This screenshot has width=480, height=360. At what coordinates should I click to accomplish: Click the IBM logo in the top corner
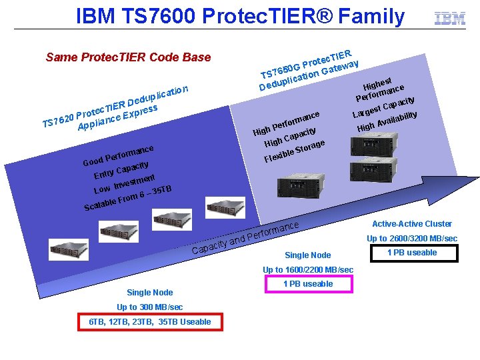[450, 19]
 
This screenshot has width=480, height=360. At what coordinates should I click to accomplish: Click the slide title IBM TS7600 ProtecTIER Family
[240, 16]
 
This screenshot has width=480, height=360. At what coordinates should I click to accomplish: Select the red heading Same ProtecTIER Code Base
[128, 57]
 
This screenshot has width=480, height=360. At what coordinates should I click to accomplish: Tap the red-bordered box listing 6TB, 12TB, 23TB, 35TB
[150, 322]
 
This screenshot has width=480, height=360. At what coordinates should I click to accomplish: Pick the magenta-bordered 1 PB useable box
[308, 284]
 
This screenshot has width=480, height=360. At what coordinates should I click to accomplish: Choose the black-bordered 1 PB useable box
[412, 253]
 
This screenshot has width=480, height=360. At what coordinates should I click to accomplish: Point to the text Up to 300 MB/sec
[150, 307]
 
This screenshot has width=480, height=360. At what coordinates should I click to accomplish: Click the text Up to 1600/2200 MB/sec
[308, 270]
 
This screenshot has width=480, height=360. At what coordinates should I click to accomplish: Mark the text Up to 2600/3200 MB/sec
[412, 239]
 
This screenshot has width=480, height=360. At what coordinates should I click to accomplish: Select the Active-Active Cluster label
[412, 224]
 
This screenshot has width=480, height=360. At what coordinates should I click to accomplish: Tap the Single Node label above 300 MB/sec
[150, 293]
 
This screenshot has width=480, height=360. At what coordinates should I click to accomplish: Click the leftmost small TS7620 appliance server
[69, 249]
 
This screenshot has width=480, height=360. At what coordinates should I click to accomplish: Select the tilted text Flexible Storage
[294, 150]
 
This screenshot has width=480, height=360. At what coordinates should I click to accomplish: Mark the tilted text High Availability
[387, 121]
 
